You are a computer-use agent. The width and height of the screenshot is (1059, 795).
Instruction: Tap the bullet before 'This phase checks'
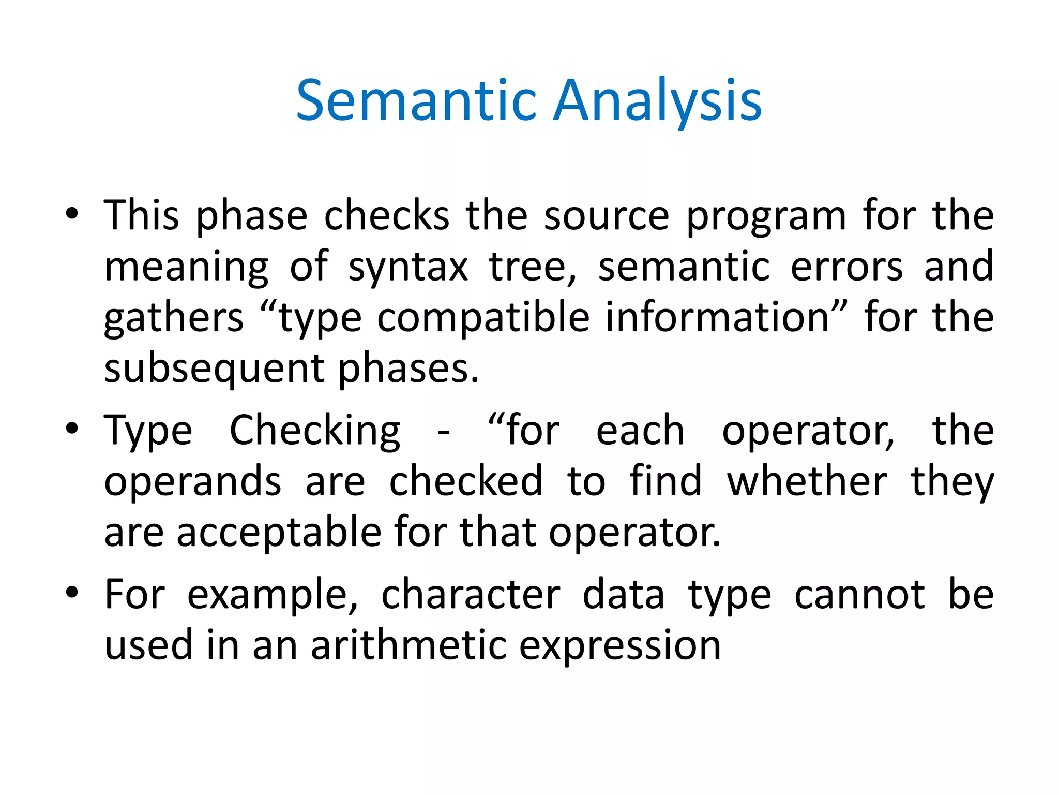tap(72, 214)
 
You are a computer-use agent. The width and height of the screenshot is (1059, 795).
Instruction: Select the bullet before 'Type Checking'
tap(72, 429)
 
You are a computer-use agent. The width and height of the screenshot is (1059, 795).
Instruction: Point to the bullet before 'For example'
tap(72, 593)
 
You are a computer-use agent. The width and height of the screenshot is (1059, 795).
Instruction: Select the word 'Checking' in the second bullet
tap(314, 431)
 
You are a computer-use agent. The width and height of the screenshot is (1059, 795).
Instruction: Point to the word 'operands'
tap(193, 482)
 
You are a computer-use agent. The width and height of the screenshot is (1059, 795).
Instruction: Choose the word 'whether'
tap(807, 481)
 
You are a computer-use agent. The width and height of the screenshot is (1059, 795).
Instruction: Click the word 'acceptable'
tap(279, 533)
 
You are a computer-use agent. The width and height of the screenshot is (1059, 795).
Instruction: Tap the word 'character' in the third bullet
tap(471, 594)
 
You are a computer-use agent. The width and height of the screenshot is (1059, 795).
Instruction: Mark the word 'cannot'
tap(859, 594)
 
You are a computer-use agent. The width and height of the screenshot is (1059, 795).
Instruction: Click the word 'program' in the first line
tap(766, 216)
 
